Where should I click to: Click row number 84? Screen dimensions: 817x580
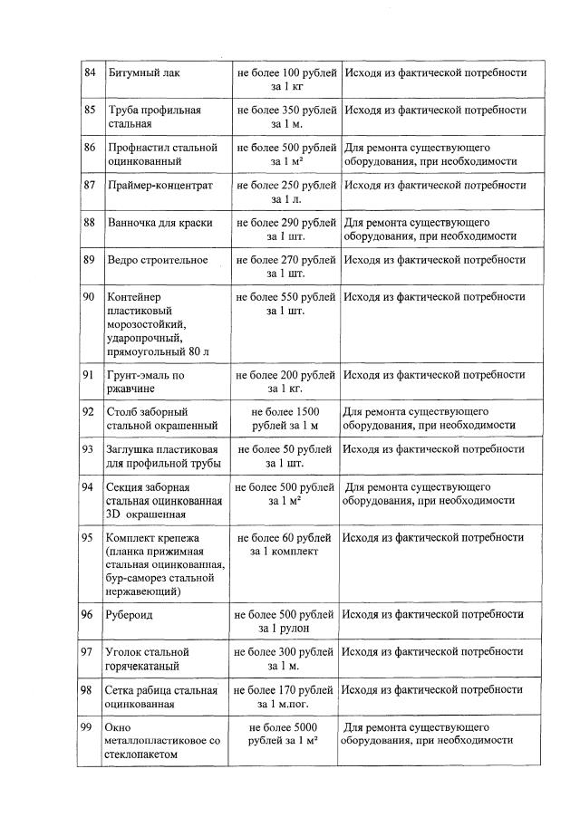pyautogui.click(x=90, y=72)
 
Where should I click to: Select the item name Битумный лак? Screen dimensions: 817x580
pyautogui.click(x=144, y=72)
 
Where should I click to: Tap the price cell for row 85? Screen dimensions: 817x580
pyautogui.click(x=285, y=117)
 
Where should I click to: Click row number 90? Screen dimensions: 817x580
pyautogui.click(x=90, y=297)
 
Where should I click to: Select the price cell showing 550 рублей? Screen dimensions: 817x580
pyautogui.click(x=285, y=304)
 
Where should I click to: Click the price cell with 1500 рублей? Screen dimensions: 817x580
pyautogui.click(x=285, y=418)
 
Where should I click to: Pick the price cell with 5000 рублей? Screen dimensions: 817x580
pyautogui.click(x=285, y=735)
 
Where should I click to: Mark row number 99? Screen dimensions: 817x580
pyautogui.click(x=90, y=727)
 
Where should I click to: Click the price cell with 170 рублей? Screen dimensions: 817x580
pyautogui.click(x=285, y=697)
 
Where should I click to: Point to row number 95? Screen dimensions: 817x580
pyautogui.click(x=90, y=538)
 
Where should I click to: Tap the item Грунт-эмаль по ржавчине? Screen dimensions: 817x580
pyautogui.click(x=147, y=381)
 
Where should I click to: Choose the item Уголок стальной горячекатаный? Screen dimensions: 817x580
pyautogui.click(x=150, y=658)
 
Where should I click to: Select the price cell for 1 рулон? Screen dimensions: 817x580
pyautogui.click(x=285, y=621)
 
